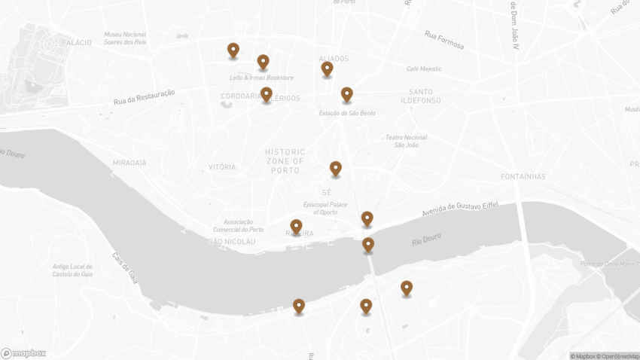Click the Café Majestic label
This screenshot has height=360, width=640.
(424, 69)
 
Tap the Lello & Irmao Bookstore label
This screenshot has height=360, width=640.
(261, 78)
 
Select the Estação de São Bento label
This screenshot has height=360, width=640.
(347, 113)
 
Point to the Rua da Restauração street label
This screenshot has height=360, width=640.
(145, 97)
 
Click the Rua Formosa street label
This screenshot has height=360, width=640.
(443, 39)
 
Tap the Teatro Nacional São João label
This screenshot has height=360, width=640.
(406, 141)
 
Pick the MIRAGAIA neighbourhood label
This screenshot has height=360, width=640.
(130, 163)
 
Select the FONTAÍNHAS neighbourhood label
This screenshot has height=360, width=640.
(523, 177)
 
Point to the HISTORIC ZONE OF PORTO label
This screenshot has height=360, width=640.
(285, 161)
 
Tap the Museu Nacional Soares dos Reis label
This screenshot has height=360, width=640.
(125, 38)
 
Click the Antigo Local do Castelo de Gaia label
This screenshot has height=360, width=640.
(72, 270)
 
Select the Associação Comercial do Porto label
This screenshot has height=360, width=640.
(238, 226)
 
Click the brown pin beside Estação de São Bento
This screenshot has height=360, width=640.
(346, 95)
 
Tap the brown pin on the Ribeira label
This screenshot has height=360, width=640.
(296, 227)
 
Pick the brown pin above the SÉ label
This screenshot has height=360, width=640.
(335, 169)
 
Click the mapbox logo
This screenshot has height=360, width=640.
(23, 353)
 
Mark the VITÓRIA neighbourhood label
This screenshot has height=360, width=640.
(222, 167)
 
